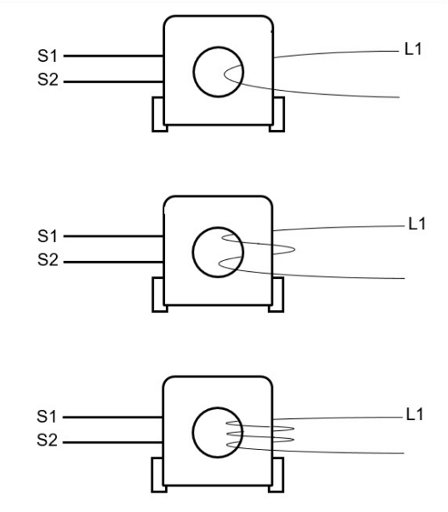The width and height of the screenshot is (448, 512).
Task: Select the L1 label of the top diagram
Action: click(x=412, y=49)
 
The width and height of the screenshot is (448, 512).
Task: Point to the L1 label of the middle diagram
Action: click(x=417, y=224)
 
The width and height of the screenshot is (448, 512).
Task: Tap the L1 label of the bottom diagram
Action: click(x=416, y=415)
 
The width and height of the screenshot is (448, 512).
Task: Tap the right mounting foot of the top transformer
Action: click(x=277, y=115)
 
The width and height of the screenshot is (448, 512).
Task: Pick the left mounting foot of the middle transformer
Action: click(x=158, y=295)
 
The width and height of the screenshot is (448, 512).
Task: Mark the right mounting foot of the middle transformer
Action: click(x=277, y=295)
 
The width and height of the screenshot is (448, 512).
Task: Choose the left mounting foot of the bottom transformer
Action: click(x=158, y=476)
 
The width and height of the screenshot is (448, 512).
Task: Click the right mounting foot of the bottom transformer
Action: click(x=277, y=476)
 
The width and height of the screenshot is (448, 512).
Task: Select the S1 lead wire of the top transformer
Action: click(x=113, y=57)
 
